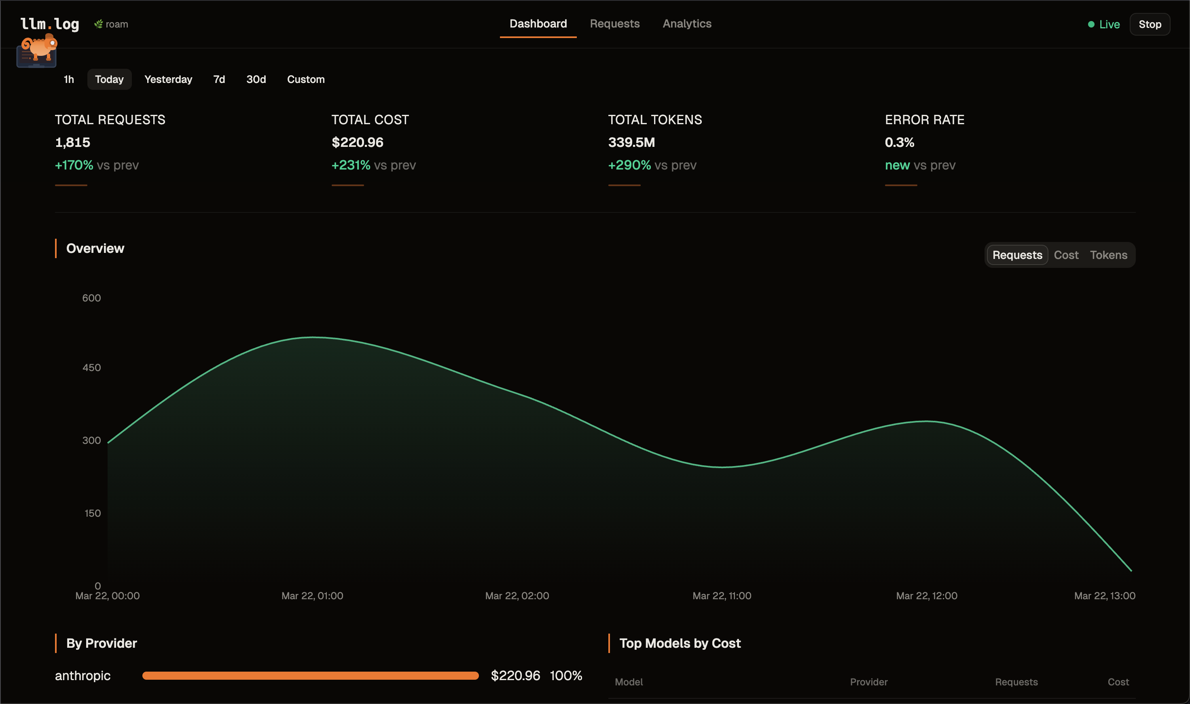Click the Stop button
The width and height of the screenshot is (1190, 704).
click(x=1149, y=24)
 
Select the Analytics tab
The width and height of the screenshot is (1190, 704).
click(x=686, y=24)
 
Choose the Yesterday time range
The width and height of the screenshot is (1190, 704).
click(x=168, y=79)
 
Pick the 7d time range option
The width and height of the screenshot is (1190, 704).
click(x=219, y=79)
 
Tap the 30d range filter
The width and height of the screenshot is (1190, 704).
click(x=256, y=79)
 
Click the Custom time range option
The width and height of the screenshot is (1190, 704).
click(x=305, y=79)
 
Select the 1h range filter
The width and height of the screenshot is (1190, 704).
click(x=69, y=79)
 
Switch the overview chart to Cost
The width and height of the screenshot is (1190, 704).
click(x=1066, y=255)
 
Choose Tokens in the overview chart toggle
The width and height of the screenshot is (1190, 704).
click(x=1108, y=255)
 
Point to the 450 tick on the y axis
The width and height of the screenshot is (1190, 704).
click(x=91, y=368)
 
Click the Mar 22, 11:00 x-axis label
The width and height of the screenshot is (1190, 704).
click(x=721, y=596)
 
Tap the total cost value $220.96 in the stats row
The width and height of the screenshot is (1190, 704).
click(x=357, y=142)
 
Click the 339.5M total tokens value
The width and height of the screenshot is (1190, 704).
click(x=631, y=142)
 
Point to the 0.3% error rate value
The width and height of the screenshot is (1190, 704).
click(x=899, y=142)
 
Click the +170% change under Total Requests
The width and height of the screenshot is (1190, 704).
click(x=74, y=165)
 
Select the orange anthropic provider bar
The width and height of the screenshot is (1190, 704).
click(x=310, y=676)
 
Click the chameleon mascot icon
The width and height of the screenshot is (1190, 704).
click(x=38, y=50)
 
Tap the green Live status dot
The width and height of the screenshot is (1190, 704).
click(x=1091, y=24)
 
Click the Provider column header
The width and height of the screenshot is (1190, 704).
click(x=868, y=682)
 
